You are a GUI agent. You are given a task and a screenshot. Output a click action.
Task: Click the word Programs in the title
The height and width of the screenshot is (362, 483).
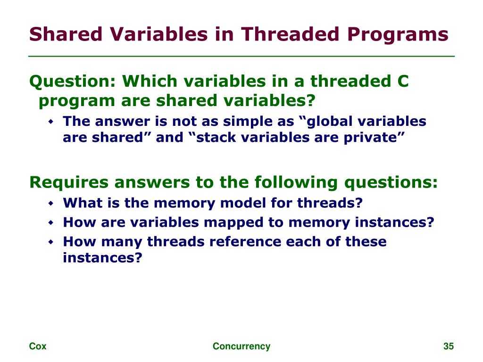398,34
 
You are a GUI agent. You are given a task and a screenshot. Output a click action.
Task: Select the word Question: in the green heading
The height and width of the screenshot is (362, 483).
72,82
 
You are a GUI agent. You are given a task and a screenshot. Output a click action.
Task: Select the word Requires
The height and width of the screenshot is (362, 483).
69,182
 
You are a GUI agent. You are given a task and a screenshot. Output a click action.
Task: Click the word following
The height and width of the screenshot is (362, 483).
296,182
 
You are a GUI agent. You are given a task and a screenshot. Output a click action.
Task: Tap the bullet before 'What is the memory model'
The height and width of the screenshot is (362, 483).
51,203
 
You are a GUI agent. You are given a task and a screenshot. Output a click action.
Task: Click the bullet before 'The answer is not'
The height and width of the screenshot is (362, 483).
51,122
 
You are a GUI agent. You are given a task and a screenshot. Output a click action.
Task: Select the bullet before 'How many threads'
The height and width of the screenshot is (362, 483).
51,242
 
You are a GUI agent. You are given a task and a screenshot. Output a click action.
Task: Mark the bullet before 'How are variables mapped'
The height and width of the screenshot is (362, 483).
51,222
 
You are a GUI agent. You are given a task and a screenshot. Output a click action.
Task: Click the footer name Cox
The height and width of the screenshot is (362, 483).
38,346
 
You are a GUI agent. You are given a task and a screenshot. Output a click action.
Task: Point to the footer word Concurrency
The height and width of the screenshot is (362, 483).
241,346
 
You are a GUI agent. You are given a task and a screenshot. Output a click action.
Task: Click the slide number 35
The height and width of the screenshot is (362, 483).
449,346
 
